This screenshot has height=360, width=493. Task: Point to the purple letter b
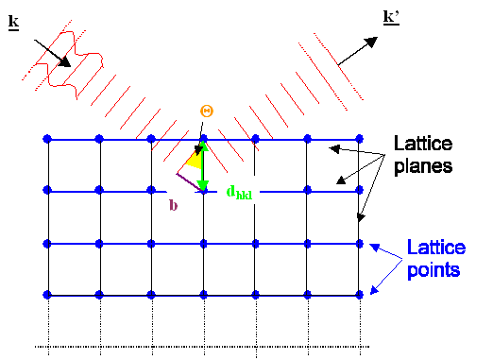(173, 203)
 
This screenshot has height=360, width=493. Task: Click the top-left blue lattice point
(47, 140)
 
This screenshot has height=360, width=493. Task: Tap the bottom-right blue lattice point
(360, 296)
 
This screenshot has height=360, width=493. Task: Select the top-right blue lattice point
(360, 140)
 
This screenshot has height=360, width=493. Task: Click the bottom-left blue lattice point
(47, 296)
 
